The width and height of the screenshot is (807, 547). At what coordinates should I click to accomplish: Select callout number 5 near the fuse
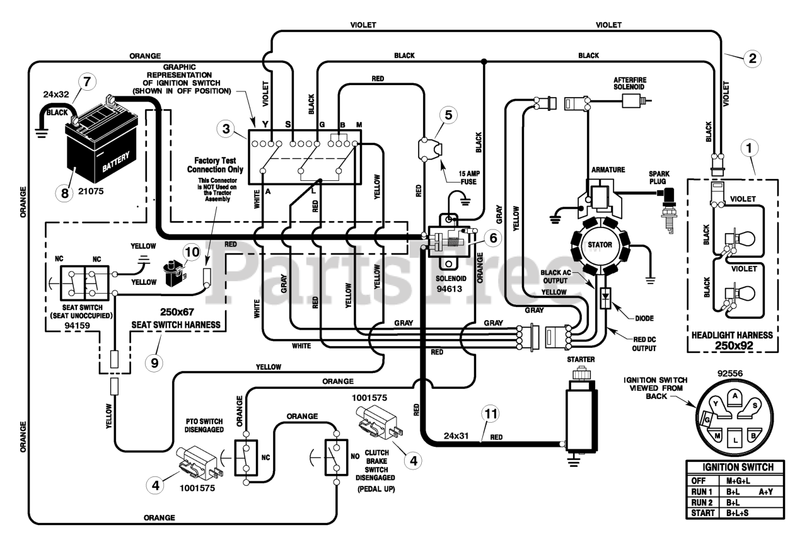(x=448, y=115)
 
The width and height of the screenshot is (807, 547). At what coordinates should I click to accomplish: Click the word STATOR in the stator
(x=600, y=245)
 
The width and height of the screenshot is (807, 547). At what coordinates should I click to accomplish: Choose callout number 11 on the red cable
(x=491, y=414)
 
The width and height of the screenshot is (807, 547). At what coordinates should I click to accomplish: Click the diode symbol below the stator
(x=606, y=298)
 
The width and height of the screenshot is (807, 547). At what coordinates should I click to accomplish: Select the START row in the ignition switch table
(x=735, y=513)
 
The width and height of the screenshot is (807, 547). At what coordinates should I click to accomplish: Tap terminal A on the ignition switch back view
(x=735, y=396)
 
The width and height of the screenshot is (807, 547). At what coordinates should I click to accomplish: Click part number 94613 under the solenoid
(x=449, y=289)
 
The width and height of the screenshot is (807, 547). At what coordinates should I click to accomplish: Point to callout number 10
(x=192, y=251)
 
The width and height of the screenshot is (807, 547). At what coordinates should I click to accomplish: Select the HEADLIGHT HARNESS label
(x=732, y=335)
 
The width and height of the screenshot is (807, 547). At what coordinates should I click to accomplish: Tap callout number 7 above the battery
(x=87, y=82)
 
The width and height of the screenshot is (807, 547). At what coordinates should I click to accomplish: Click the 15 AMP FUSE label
(x=469, y=178)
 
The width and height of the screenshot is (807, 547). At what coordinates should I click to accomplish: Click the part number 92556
(x=730, y=374)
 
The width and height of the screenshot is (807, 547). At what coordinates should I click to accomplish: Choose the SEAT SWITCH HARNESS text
(x=176, y=325)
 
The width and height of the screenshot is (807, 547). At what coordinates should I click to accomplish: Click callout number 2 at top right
(x=752, y=59)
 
